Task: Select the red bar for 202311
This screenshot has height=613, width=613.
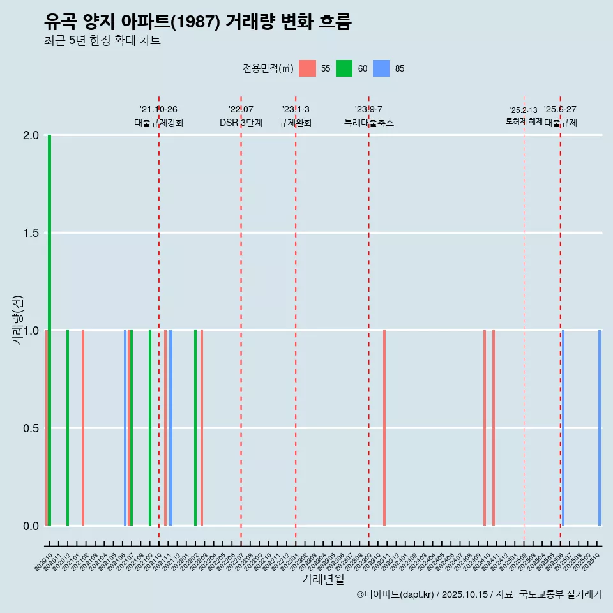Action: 384,428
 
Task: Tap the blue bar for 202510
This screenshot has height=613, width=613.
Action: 600,428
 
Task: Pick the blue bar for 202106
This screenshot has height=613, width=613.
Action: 125,428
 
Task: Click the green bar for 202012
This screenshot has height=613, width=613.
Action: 68,428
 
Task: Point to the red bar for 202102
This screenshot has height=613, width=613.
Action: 83,428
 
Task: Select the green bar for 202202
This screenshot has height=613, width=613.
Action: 195,428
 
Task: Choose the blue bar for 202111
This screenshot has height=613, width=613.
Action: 170,428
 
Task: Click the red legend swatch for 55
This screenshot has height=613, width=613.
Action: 308,68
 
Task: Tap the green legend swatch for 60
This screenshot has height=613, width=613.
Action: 344,68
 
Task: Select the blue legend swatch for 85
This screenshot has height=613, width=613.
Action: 381,68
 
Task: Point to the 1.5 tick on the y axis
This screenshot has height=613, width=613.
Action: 30,233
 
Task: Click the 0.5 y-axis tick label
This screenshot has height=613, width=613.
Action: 30,428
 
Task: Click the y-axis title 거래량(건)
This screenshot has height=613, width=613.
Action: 18,320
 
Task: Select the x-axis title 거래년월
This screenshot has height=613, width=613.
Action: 322,579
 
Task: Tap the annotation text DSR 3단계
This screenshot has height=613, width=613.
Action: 241,123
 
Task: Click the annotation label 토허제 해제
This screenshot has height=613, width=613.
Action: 524,121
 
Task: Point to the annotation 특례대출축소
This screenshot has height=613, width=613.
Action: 369,123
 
